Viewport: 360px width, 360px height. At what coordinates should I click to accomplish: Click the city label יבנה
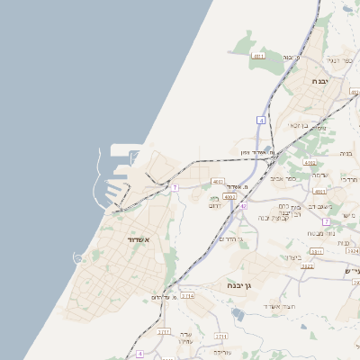point(321,82)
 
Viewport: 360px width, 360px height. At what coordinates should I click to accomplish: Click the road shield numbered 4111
point(259,56)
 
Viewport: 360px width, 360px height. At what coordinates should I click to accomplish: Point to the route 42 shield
point(243,206)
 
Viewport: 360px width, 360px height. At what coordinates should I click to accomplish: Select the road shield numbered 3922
point(307,266)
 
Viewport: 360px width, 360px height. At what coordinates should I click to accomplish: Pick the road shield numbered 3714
point(163,331)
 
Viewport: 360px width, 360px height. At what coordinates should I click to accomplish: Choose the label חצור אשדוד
point(274,308)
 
